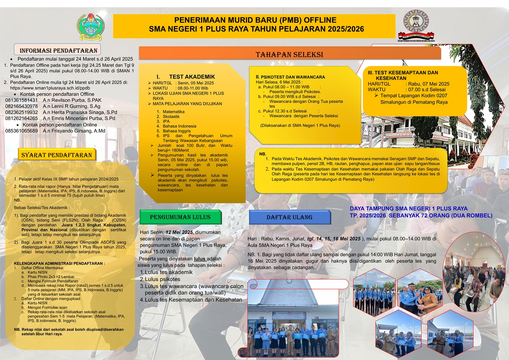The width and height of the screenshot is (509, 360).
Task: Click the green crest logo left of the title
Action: click(90, 27)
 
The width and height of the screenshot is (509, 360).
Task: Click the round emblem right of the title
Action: click(416, 22)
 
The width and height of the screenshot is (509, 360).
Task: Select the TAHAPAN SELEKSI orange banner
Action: click(289, 54)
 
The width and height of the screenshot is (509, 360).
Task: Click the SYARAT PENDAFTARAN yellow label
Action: click(57, 155)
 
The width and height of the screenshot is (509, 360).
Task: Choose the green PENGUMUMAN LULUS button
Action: click(180, 217)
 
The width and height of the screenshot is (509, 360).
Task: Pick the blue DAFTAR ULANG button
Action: click(289, 217)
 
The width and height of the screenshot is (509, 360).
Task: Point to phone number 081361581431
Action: click(21, 100)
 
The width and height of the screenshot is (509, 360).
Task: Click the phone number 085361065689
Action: click(21, 131)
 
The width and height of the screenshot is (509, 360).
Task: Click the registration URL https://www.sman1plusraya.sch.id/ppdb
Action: click(50, 88)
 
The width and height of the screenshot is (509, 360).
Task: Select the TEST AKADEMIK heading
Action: click(192, 77)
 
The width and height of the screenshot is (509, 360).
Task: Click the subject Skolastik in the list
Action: click(171, 117)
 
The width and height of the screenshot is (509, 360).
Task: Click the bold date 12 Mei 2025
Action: click(179, 232)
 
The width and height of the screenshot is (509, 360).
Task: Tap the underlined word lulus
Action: click(199, 259)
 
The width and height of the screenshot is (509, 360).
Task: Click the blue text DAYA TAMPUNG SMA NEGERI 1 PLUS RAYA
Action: click(409, 208)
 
